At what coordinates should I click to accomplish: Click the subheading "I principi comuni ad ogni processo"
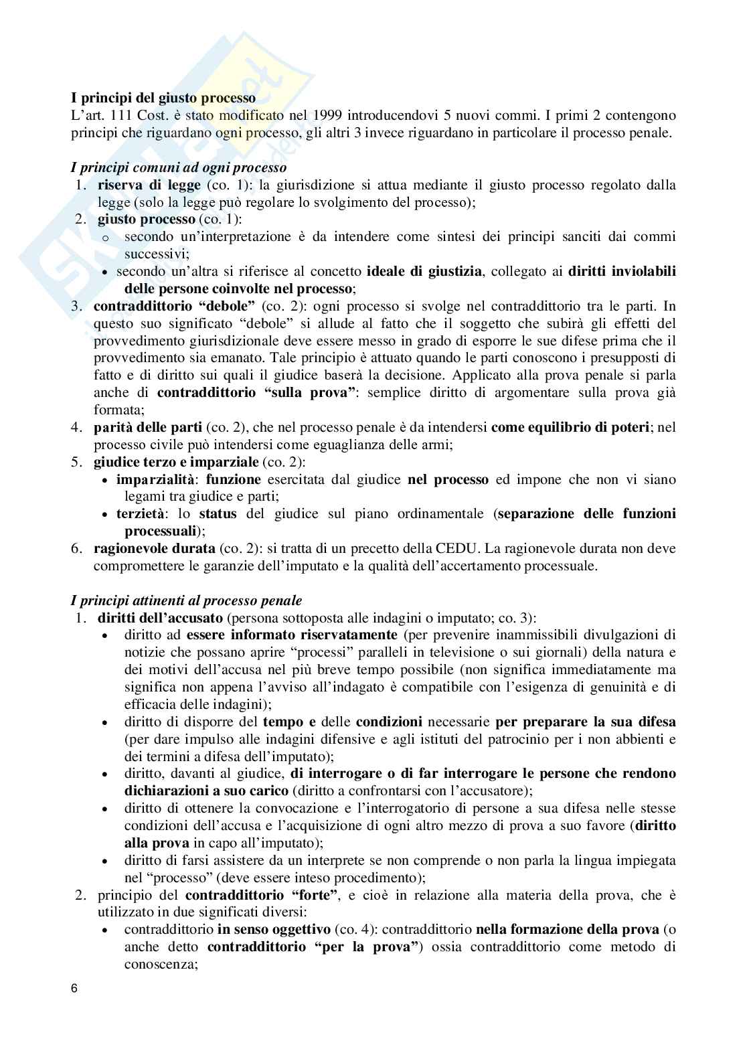(x=179, y=167)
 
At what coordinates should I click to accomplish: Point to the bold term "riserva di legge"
(x=149, y=185)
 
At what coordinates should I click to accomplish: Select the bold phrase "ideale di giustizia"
(x=424, y=272)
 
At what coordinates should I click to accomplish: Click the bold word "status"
(x=218, y=514)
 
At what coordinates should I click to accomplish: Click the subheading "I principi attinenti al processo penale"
(x=187, y=601)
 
